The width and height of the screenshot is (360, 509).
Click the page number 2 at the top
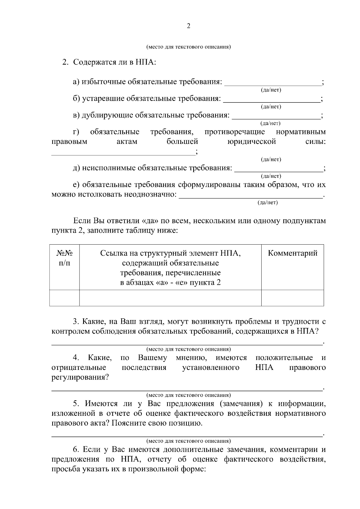coord(188,26)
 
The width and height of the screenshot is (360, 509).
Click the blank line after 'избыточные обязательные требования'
coord(273,85)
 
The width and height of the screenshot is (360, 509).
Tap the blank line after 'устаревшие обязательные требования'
coord(271,102)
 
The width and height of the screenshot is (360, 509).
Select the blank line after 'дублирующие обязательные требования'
coord(276,118)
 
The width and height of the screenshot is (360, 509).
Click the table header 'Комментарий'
coord(292,253)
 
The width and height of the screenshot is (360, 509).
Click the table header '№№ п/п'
coord(64,258)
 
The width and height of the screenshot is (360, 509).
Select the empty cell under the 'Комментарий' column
coord(292,298)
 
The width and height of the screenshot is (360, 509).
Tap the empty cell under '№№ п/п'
coord(64,298)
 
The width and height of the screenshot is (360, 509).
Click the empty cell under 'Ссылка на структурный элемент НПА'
coord(170,298)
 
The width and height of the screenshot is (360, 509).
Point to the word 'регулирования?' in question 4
coord(80,377)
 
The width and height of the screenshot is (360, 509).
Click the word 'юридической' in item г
coord(252,141)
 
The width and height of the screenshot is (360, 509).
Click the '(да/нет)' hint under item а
coord(271,90)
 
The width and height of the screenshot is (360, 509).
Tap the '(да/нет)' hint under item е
coord(268,203)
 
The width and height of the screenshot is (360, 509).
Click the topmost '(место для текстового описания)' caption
coord(188,47)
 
